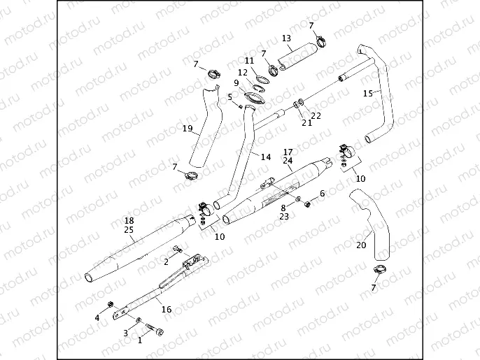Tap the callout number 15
point(367,93)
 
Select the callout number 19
point(188,128)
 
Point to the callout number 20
point(361,245)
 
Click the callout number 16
point(166,309)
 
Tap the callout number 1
point(140,340)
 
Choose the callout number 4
point(98,318)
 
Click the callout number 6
point(323,193)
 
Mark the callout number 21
point(306,123)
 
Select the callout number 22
point(316,115)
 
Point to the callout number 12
point(242,73)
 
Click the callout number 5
point(230,97)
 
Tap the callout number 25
point(129,229)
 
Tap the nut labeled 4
point(111,305)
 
